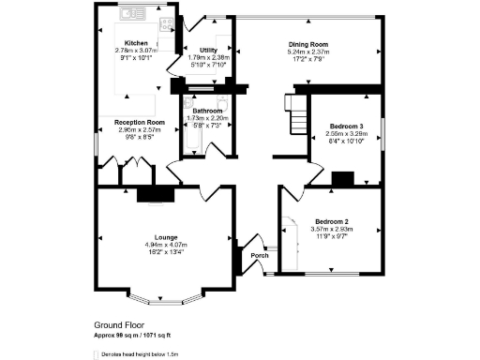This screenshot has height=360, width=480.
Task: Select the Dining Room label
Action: coord(307,44)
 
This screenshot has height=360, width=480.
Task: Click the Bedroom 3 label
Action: coord(346,126)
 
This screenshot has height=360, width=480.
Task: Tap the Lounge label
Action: coord(164,237)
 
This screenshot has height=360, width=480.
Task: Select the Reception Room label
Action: coord(140,122)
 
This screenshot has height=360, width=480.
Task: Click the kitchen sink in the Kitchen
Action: coord(129,14)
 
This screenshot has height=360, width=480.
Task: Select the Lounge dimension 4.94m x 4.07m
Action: coord(164,245)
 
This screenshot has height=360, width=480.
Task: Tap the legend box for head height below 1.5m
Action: coord(99,355)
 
